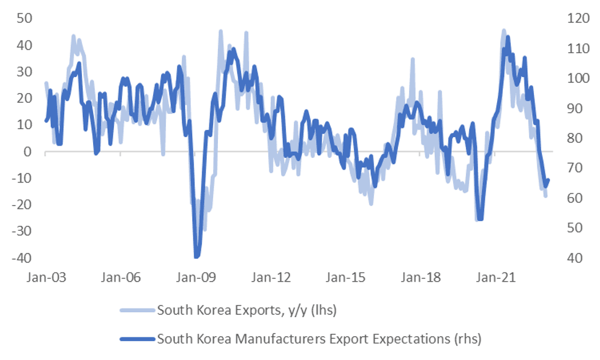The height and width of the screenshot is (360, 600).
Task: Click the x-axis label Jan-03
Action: coord(45,277)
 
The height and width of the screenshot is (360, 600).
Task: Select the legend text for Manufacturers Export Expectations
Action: coord(318,338)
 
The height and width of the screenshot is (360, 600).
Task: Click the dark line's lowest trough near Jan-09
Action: coord(197,257)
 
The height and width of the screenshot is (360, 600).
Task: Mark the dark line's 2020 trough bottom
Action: coord(480,219)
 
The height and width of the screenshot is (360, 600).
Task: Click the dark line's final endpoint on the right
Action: coord(548,180)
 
